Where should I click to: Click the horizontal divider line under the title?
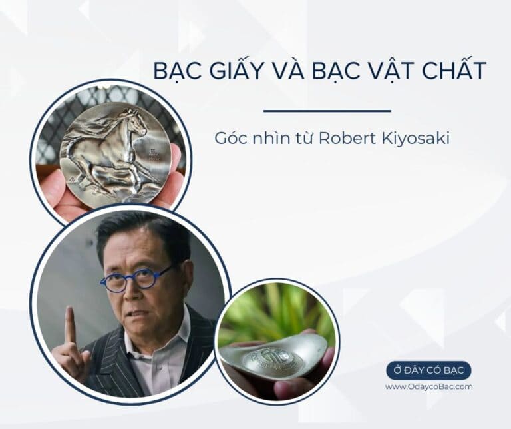327,111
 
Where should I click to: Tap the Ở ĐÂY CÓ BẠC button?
429,370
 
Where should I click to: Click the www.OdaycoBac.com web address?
429,386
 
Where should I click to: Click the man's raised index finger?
69,325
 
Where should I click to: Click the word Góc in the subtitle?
228,139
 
